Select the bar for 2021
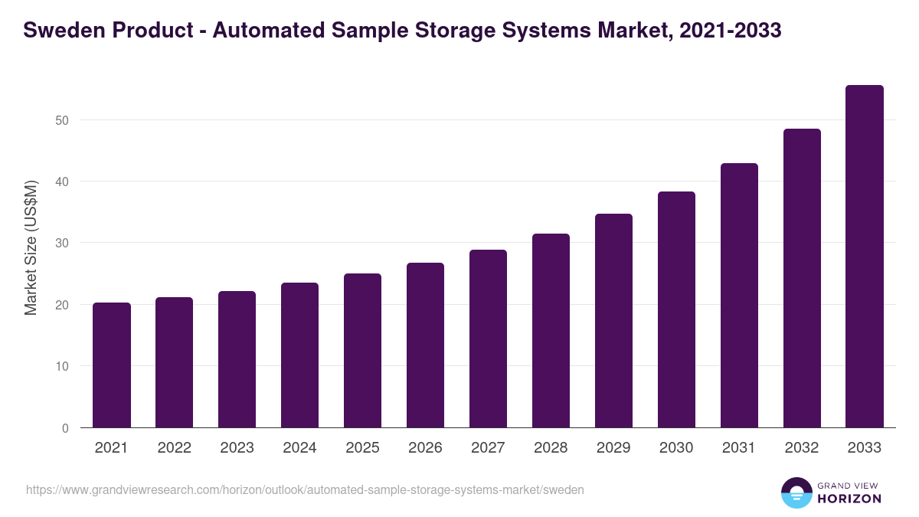point(112,365)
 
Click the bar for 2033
point(865,257)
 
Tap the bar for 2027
point(488,339)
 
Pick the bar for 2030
point(676,309)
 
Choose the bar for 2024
point(299,355)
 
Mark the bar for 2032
point(802,278)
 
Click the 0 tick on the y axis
point(65,428)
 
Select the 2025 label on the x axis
point(362,448)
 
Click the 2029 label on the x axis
point(613,448)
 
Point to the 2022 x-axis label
point(174,448)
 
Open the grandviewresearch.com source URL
point(305,489)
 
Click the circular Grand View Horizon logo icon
point(796,493)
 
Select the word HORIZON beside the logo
point(849,499)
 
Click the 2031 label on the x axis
point(739,448)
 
